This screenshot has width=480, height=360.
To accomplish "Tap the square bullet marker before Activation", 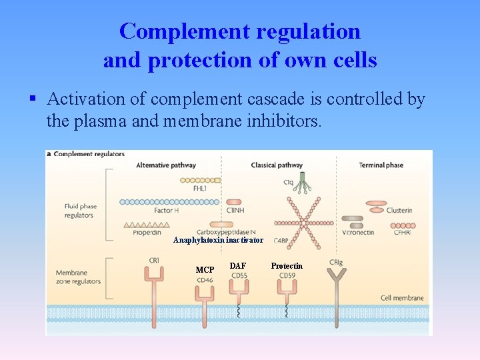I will click(32, 99).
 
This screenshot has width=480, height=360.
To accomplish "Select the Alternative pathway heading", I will click(165, 165).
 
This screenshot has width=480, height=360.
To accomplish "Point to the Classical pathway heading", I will click(276, 165).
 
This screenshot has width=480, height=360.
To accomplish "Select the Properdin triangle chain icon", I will click(143, 225).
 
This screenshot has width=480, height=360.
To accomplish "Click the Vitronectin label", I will click(358, 233).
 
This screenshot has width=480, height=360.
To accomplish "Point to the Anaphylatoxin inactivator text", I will click(218, 240).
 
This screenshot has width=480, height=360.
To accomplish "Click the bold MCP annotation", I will click(205, 270).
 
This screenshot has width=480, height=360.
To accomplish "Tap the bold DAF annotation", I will click(238, 266).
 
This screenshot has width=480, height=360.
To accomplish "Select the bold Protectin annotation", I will click(287, 266).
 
